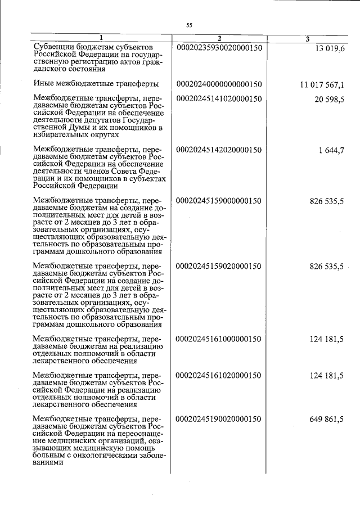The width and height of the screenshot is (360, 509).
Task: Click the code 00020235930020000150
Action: pos(219,48)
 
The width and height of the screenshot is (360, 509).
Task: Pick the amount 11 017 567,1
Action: pos(322,85)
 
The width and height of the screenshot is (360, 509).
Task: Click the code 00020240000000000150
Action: pos(219,85)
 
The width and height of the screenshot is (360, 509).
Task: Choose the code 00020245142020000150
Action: pos(219,150)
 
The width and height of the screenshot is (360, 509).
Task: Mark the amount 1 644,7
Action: pos(331,150)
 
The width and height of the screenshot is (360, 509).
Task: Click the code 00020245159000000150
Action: pos(219,200)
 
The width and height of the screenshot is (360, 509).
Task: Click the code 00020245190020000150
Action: pos(219,419)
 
